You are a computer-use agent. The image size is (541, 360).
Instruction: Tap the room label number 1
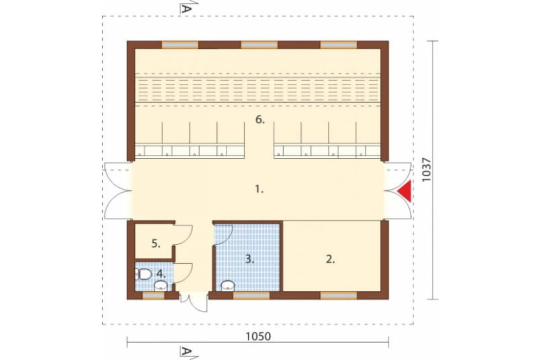click(x=259, y=189)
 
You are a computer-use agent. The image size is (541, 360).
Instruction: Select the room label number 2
click(x=331, y=259)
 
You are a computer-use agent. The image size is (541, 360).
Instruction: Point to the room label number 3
click(x=249, y=259)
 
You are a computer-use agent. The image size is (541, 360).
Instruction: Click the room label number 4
click(x=161, y=274)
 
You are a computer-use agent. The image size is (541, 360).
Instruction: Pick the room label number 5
click(x=156, y=244)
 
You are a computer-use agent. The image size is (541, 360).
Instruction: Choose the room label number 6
click(x=260, y=120)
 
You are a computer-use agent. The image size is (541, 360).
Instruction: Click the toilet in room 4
click(x=143, y=275)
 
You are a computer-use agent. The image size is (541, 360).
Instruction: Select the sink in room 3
click(x=228, y=285)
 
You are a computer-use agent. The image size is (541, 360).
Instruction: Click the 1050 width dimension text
click(x=258, y=336)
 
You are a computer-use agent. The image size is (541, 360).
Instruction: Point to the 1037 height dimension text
click(x=426, y=170)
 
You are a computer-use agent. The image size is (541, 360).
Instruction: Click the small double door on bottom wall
click(x=194, y=302)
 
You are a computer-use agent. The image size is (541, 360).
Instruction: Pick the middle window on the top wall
click(x=259, y=45)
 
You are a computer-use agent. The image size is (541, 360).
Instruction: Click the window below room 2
click(x=339, y=296)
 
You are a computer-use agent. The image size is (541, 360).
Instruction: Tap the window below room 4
click(x=154, y=296)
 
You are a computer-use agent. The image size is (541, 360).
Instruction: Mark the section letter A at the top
click(x=185, y=8)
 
